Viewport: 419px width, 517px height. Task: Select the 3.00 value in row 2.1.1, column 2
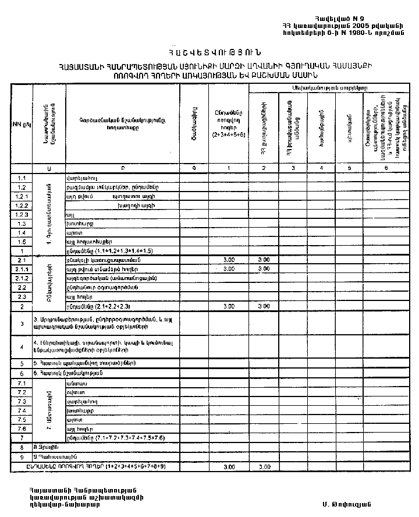click(264, 269)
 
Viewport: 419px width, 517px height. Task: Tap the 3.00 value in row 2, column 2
click(264, 306)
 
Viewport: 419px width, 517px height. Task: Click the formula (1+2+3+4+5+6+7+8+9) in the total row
click(139, 466)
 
